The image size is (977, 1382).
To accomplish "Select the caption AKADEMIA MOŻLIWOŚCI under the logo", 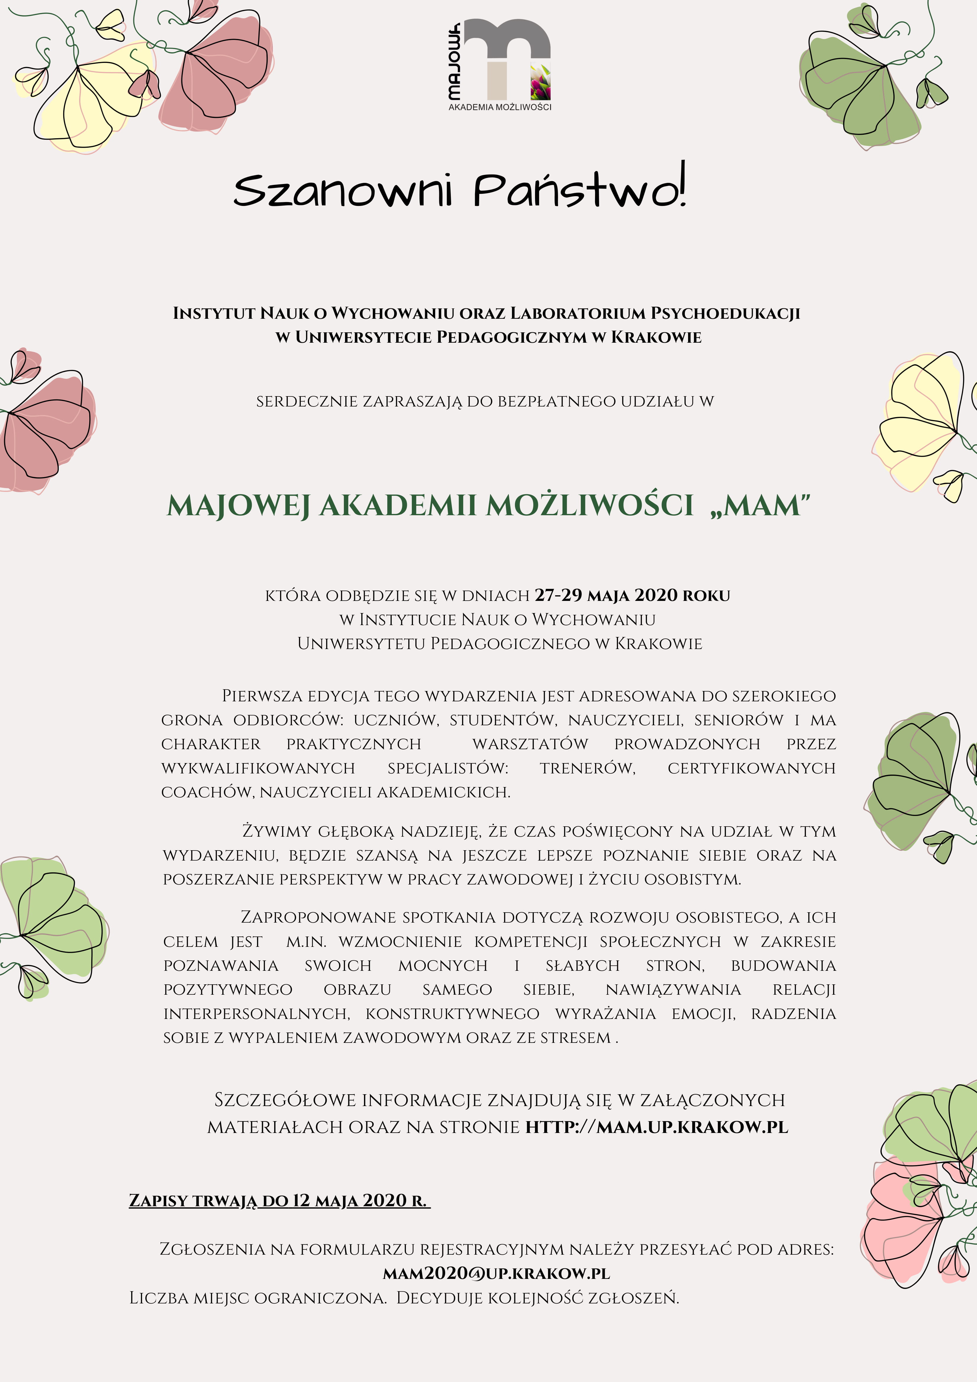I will point(500,107).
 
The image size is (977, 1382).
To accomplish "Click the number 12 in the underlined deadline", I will point(301,1201).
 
